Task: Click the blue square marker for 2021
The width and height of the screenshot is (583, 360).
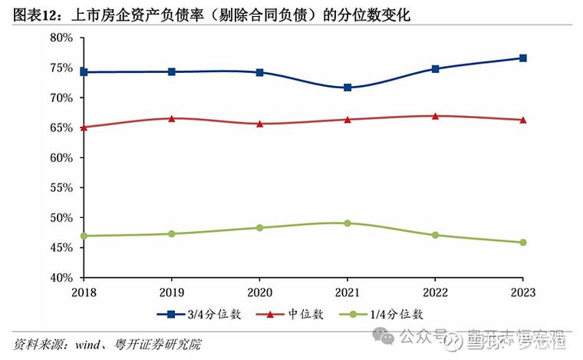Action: pyautogui.click(x=347, y=88)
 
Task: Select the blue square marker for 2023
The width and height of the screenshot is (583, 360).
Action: pyautogui.click(x=522, y=58)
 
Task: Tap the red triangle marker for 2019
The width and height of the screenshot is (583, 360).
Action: pyautogui.click(x=172, y=118)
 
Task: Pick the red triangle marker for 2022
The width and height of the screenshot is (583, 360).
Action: pyautogui.click(x=435, y=116)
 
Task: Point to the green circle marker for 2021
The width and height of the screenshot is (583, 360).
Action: pyautogui.click(x=347, y=223)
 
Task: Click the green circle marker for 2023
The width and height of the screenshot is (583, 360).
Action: pyautogui.click(x=522, y=243)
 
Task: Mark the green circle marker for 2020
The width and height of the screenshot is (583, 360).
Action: pyautogui.click(x=259, y=228)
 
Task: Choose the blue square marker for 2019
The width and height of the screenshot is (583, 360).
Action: pyautogui.click(x=172, y=71)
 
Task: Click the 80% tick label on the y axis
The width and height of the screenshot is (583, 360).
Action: pyautogui.click(x=61, y=38)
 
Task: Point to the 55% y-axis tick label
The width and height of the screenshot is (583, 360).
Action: pyautogui.click(x=61, y=188)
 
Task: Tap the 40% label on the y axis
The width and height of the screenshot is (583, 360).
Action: pyautogui.click(x=61, y=278)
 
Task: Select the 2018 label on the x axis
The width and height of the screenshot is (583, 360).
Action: pyautogui.click(x=84, y=292)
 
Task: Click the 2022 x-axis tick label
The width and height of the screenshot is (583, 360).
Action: pyautogui.click(x=435, y=292)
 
